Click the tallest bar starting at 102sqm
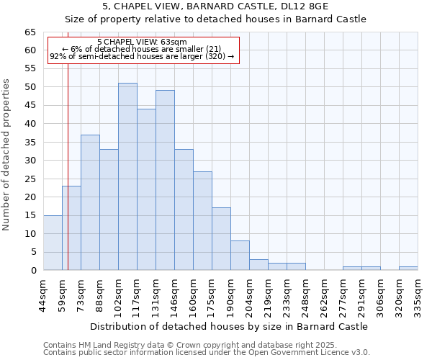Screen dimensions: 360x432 pos(127,176)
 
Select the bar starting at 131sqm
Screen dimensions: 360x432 pos(165,180)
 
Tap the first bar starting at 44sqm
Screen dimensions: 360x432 pos(53,243)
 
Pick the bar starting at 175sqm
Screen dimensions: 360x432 pos(221,239)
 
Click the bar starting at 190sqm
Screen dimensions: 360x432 pos(240,256)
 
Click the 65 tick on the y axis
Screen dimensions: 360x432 pos(30,32)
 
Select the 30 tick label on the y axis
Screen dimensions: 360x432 pos(30,161)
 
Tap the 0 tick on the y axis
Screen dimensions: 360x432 pos(33,271)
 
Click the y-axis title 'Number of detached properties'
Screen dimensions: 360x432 pos(6,155)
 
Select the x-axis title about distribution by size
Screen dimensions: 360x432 pos(230,326)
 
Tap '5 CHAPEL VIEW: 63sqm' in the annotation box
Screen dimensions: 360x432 pos(142,42)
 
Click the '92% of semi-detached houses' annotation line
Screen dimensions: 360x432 pos(142,56)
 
